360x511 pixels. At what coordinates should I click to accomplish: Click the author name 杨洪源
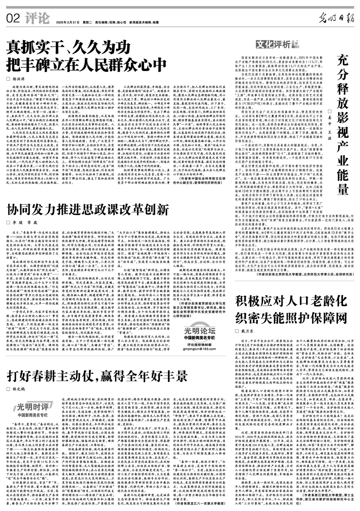click(21, 78)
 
